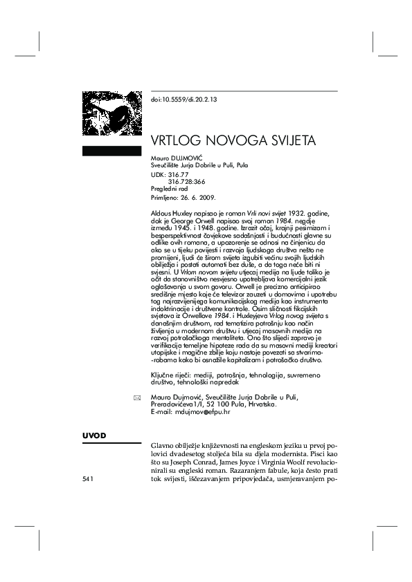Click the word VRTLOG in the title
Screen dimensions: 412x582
pos(176,140)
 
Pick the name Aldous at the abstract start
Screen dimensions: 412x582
pos(161,209)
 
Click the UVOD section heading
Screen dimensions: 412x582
pos(94,435)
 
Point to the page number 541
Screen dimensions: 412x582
pos(88,478)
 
